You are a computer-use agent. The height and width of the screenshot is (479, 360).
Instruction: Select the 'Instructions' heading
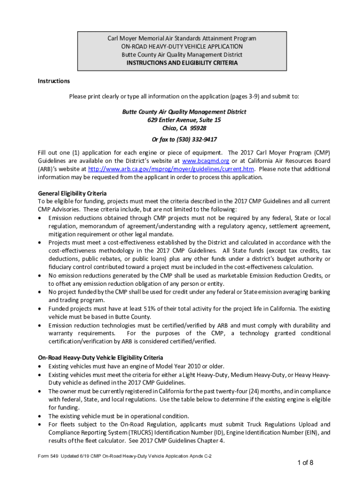tap(54, 81)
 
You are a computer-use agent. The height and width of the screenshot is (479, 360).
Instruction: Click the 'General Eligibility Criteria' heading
tap(72, 193)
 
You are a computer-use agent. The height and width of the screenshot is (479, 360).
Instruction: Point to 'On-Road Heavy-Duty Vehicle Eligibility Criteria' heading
tap(100, 358)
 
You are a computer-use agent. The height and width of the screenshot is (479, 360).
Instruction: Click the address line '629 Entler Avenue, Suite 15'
tap(184, 120)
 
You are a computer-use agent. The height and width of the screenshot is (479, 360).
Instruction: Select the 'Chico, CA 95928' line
tap(184, 128)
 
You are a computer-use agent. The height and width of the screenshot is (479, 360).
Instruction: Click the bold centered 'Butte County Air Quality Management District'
tap(184, 112)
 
